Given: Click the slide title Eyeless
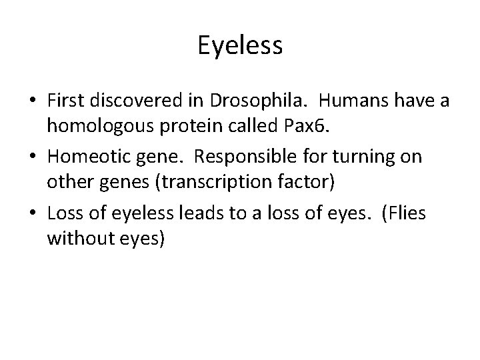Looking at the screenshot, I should coord(240,46).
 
